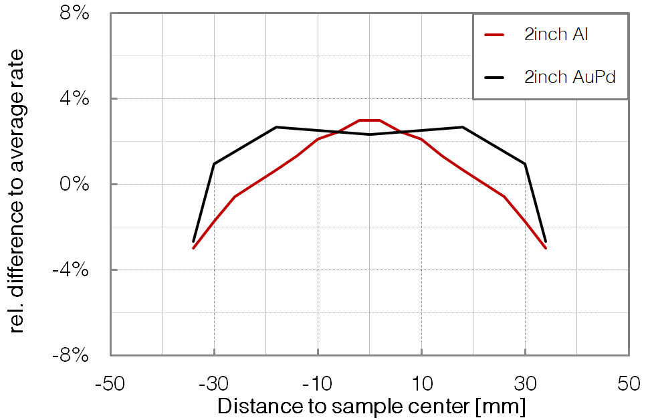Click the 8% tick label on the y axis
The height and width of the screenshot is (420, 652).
point(75,14)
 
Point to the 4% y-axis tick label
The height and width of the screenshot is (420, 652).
point(75,99)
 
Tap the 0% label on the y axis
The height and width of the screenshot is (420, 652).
point(75,185)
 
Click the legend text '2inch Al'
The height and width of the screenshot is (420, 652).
point(556,35)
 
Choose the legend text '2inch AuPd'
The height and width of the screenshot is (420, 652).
point(569,77)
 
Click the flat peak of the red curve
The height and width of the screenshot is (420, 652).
point(369,120)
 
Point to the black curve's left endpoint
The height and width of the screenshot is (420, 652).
point(193,241)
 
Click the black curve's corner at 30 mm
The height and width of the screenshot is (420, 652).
point(525,163)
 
